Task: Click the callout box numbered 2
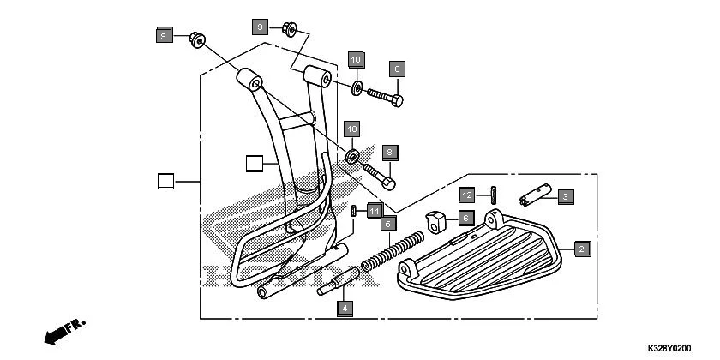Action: coord(582,249)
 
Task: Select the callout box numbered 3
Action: coord(565,196)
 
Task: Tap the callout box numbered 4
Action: coord(344,307)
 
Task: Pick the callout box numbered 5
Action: coord(387,224)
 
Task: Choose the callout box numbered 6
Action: coord(464,218)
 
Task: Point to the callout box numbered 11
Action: coord(375,210)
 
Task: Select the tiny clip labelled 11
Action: coord(355,211)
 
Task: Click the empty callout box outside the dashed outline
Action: coord(165,181)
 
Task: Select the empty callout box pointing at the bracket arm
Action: coord(253,162)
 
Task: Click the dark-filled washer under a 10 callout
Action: coord(352,156)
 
